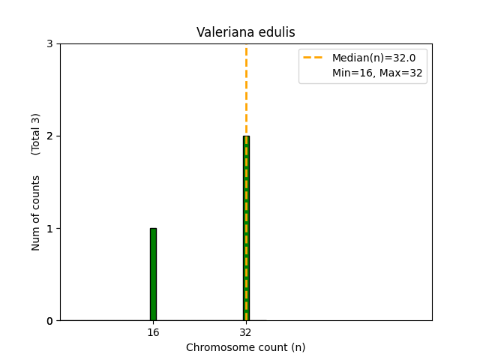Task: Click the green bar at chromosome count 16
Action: [x=153, y=274]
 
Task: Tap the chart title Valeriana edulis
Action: [x=245, y=32]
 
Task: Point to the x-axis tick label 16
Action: [x=153, y=332]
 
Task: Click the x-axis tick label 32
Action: [x=246, y=332]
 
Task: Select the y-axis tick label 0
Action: [x=49, y=321]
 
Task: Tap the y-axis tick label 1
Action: [x=49, y=229]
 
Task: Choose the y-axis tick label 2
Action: [x=49, y=136]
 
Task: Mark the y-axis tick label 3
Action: [x=49, y=44]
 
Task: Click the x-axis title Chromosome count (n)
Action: [x=245, y=347]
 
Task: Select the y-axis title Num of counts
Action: [x=36, y=213]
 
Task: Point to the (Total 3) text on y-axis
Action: [x=36, y=134]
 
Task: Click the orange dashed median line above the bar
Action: [x=246, y=90]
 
